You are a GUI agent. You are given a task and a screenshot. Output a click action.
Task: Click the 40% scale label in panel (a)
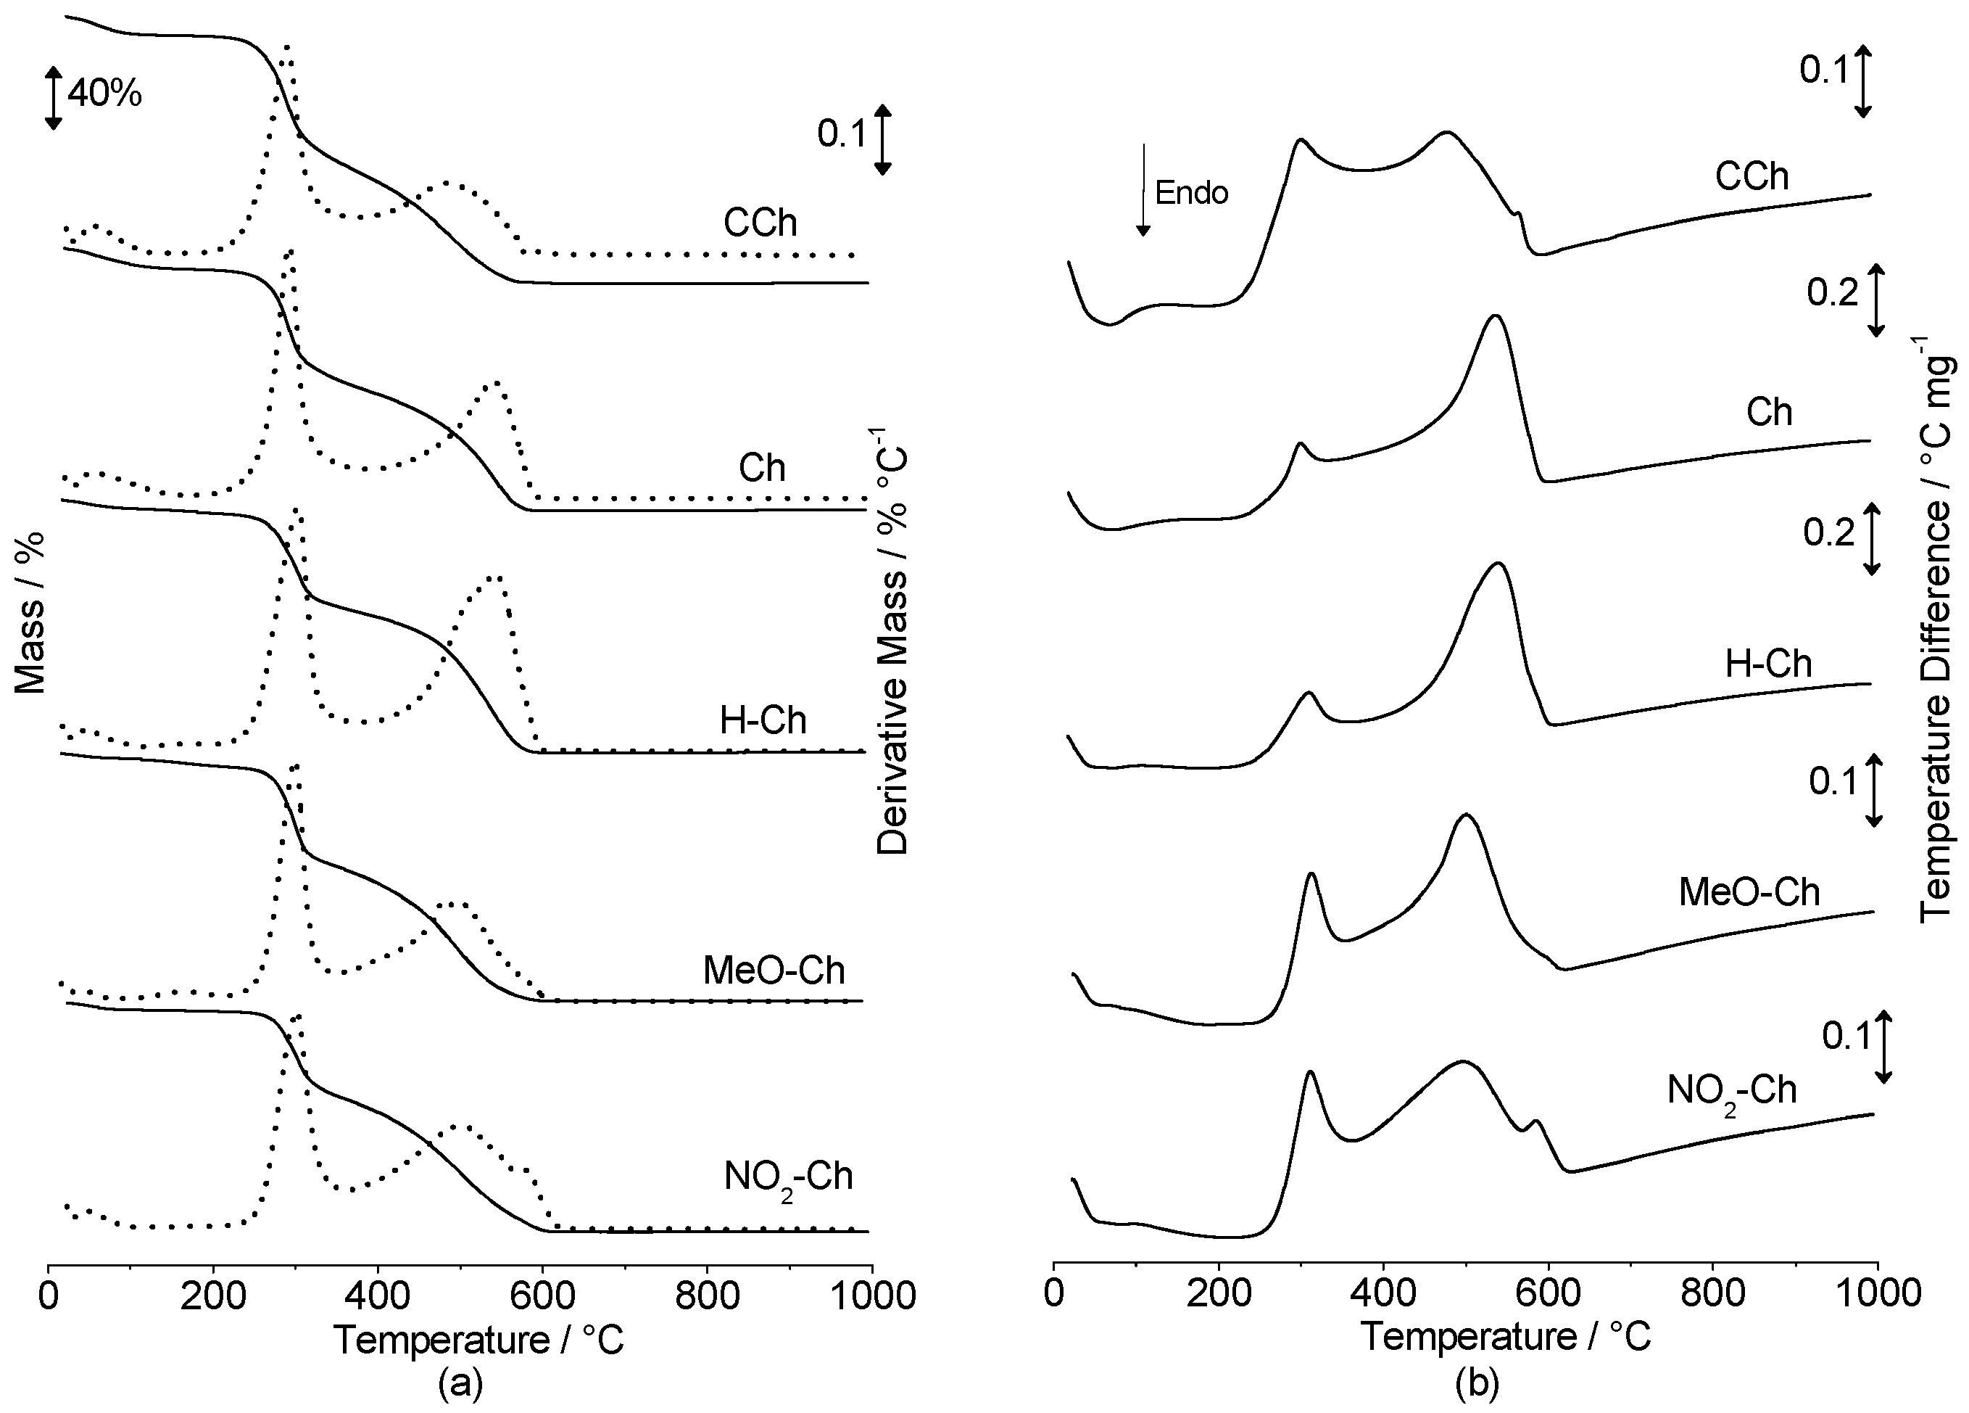tap(105, 93)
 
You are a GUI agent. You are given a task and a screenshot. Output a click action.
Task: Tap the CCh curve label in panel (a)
tap(760, 223)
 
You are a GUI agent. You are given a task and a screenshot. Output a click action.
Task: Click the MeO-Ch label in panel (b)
tap(1749, 892)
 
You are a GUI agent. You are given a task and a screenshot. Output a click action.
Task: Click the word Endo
tap(1191, 193)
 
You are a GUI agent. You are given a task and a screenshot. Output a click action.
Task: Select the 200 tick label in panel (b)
tap(1219, 1293)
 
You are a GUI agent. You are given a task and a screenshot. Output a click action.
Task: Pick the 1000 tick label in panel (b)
tap(1875, 1293)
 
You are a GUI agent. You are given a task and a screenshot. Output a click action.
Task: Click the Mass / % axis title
tap(30, 613)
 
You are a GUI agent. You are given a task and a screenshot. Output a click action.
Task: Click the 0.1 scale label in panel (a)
tap(841, 135)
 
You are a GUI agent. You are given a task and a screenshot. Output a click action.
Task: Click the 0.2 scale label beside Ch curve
tap(1832, 294)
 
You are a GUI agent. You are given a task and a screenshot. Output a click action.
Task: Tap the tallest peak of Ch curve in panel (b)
tap(1494, 316)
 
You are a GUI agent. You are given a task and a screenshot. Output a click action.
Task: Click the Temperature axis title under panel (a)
tap(479, 1340)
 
